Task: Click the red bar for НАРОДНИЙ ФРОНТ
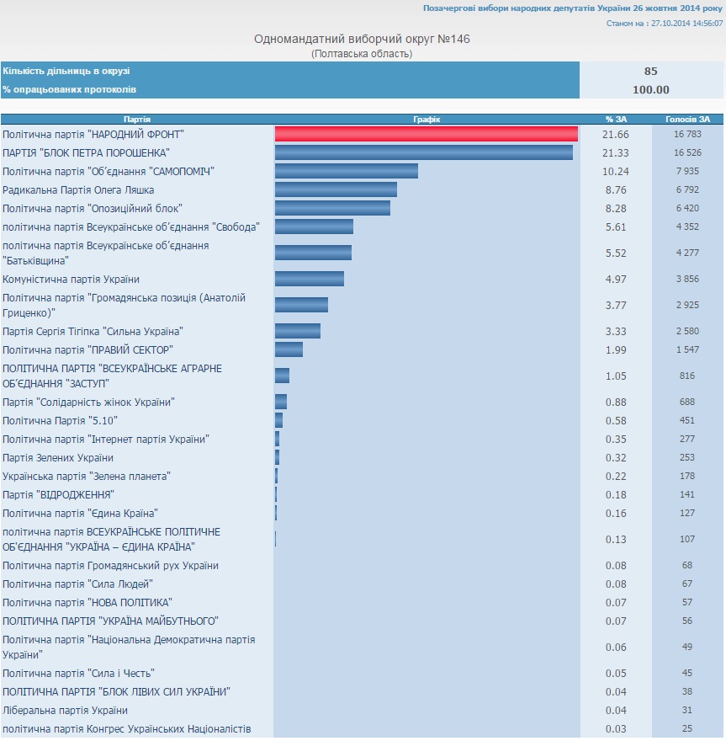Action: pyautogui.click(x=426, y=134)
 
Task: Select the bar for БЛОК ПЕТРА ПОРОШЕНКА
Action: pyautogui.click(x=423, y=152)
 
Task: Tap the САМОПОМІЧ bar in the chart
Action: pyautogui.click(x=346, y=171)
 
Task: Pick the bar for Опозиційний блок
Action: pyautogui.click(x=332, y=208)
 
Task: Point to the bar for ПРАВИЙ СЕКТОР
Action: pyautogui.click(x=289, y=349)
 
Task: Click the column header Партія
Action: pyautogui.click(x=137, y=120)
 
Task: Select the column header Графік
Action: pyautogui.click(x=427, y=120)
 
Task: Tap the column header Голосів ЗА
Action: pyautogui.click(x=687, y=120)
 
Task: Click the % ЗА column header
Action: pyautogui.click(x=615, y=120)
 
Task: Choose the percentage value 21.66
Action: pyautogui.click(x=616, y=134)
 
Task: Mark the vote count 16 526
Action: pyautogui.click(x=687, y=152)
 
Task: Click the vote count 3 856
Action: pyautogui.click(x=687, y=279)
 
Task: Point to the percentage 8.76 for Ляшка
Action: pyautogui.click(x=616, y=189)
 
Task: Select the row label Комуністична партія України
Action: pyautogui.click(x=72, y=279)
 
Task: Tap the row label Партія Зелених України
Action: pyautogui.click(x=58, y=457)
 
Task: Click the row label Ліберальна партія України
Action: pyautogui.click(x=66, y=710)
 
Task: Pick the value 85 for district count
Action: pyautogui.click(x=650, y=72)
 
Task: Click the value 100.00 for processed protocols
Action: pyautogui.click(x=650, y=90)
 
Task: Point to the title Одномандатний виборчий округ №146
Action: pyautogui.click(x=362, y=40)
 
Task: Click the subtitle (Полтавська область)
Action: pyautogui.click(x=362, y=54)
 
